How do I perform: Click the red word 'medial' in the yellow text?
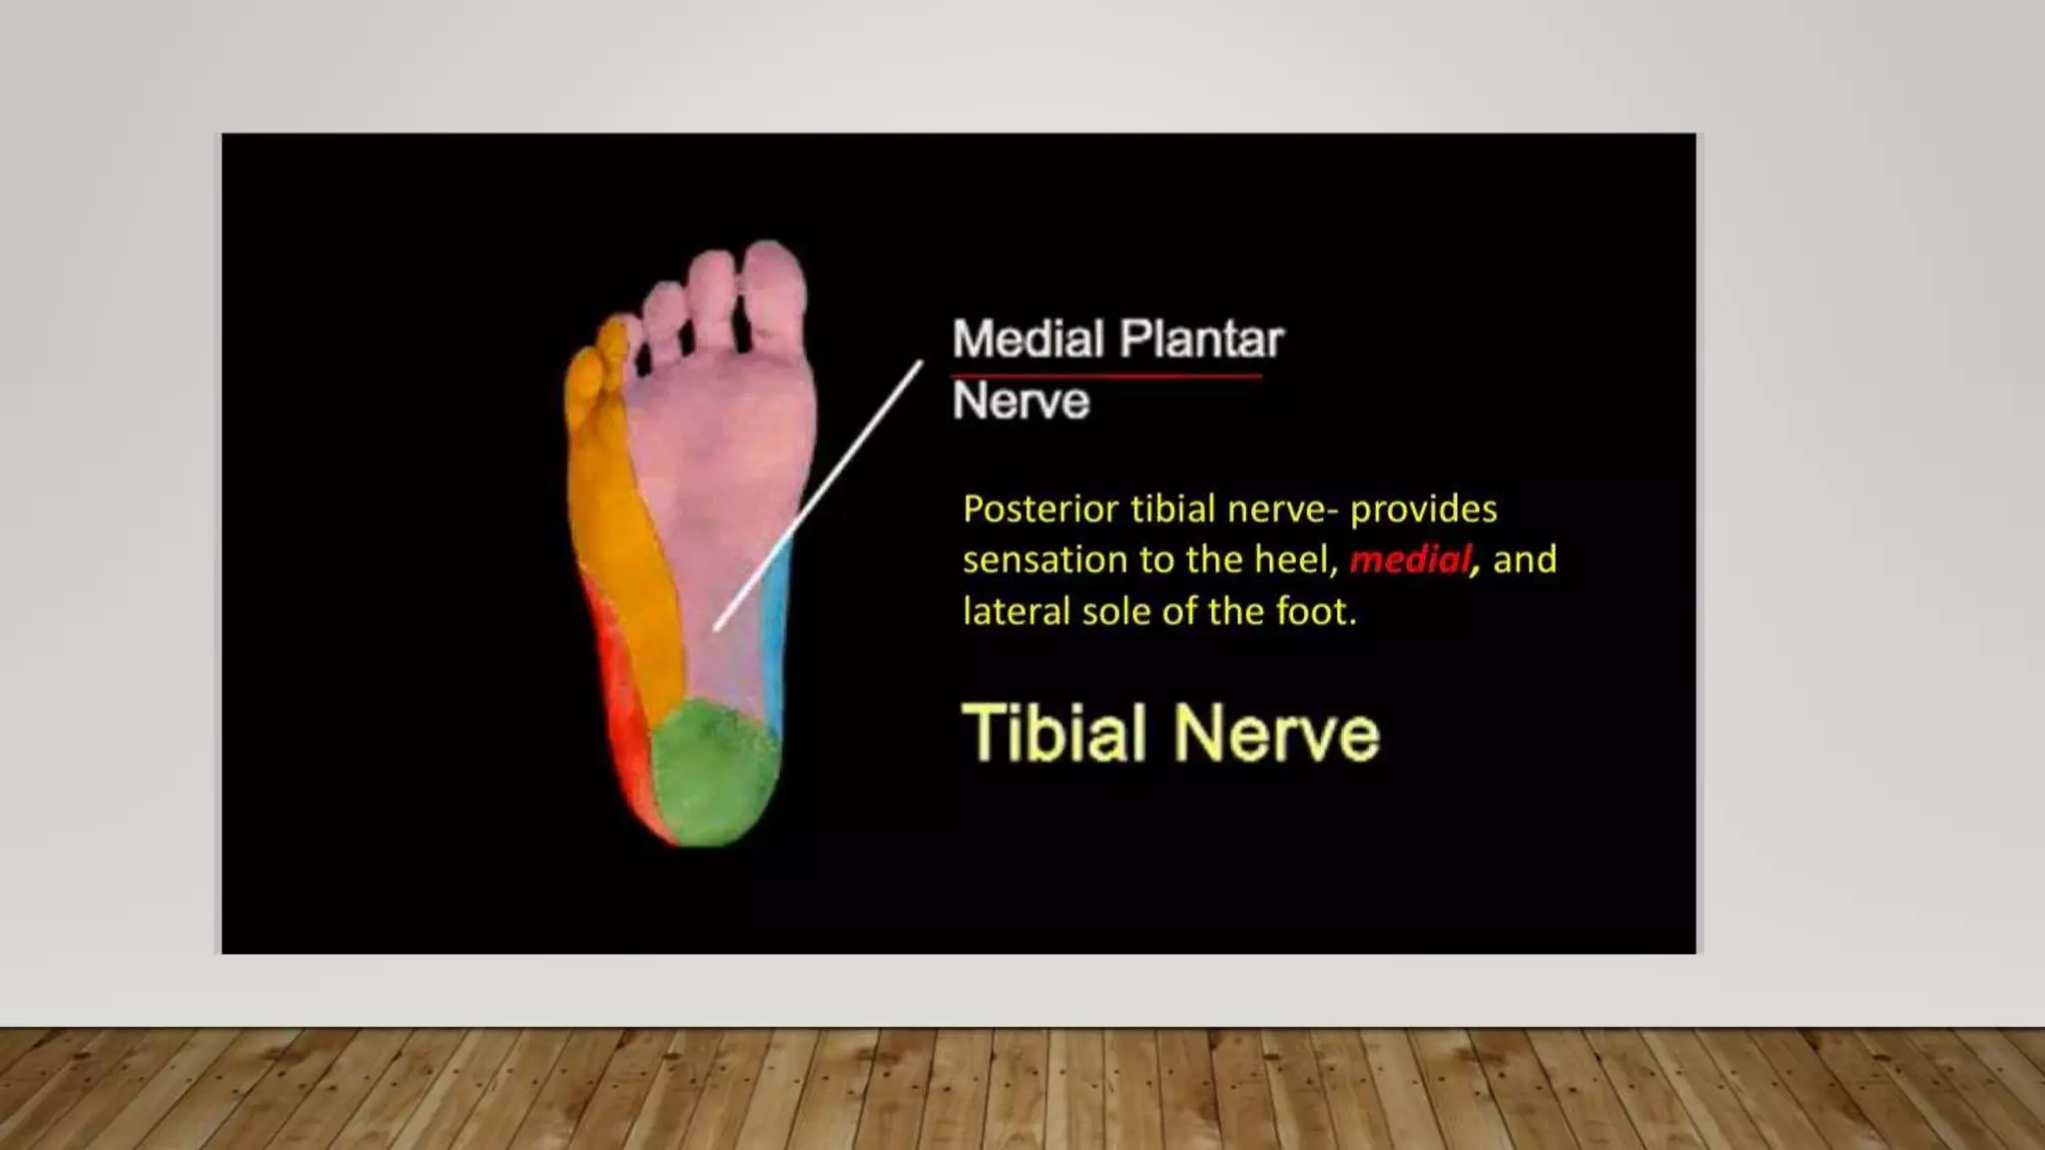[1410, 560]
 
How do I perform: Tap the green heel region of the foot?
[713, 772]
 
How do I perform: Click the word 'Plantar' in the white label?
[1201, 339]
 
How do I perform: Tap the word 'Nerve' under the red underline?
[1021, 401]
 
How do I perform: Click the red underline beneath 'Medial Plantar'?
[1106, 376]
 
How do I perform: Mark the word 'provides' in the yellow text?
[1423, 510]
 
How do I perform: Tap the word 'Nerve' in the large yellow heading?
[1276, 734]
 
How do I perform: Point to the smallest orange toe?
[584, 377]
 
